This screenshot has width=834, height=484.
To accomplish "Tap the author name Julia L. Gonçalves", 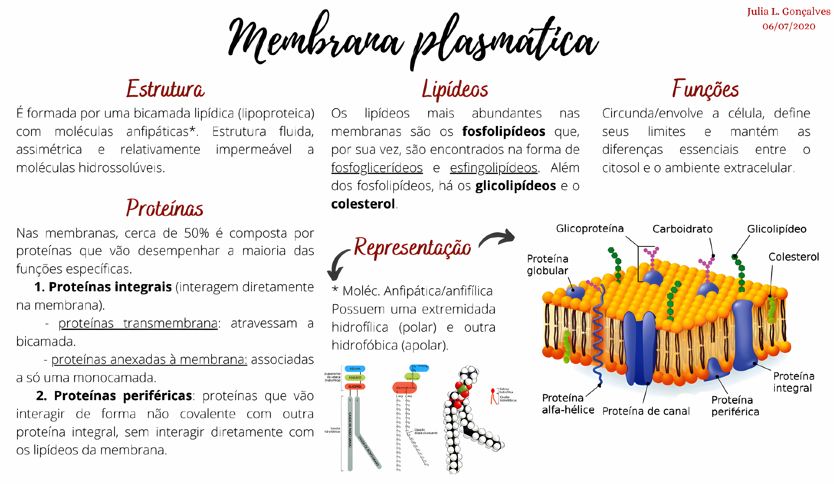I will [x=788, y=12].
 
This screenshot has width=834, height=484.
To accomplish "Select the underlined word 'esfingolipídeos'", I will [x=493, y=168].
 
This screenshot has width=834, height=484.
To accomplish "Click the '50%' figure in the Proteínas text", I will [x=197, y=233].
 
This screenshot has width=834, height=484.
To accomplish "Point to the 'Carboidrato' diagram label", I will [x=682, y=229].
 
